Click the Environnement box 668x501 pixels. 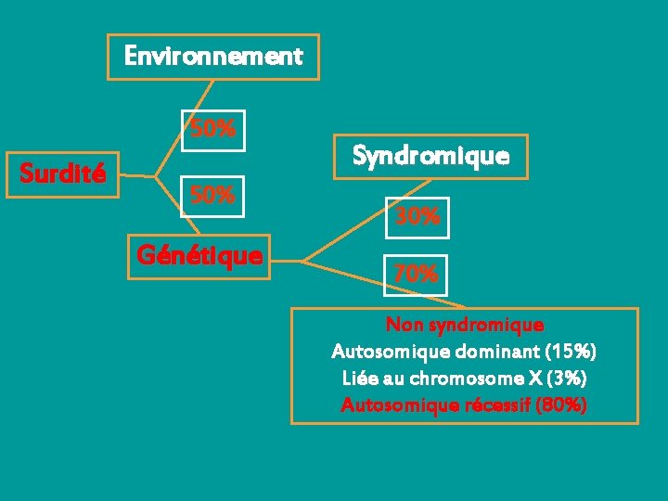pos(213,57)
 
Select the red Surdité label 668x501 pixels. pos(63,173)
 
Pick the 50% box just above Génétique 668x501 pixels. pos(212,196)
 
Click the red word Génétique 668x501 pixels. pos(199,254)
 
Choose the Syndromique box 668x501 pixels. pos(430,155)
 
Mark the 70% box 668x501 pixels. pos(416,275)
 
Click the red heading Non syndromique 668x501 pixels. pos(465,326)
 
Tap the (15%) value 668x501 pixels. pos(572,353)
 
